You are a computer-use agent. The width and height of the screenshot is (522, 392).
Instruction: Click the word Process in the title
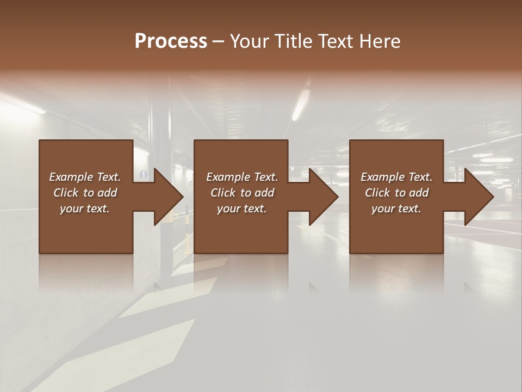click(x=171, y=41)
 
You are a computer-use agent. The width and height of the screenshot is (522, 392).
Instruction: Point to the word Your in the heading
click(x=250, y=41)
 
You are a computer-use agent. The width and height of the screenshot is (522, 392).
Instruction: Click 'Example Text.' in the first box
click(x=85, y=177)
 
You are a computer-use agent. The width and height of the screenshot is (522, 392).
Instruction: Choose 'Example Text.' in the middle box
click(x=242, y=177)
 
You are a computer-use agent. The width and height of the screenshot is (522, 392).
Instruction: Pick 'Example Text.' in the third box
click(x=396, y=177)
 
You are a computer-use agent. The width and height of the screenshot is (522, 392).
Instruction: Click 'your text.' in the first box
click(x=85, y=209)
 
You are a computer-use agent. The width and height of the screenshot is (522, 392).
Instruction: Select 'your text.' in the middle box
click(x=242, y=209)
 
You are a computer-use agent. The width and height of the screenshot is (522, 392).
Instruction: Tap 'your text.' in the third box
click(x=396, y=209)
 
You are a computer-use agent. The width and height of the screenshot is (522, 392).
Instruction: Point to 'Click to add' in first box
click(x=85, y=193)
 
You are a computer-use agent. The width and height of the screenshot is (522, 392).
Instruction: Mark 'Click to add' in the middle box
click(x=242, y=193)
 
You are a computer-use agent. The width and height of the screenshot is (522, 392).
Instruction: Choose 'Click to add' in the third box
click(x=396, y=193)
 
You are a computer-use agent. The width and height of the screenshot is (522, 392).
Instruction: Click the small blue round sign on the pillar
click(x=144, y=174)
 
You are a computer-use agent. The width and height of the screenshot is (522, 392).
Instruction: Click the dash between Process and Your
click(x=219, y=42)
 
